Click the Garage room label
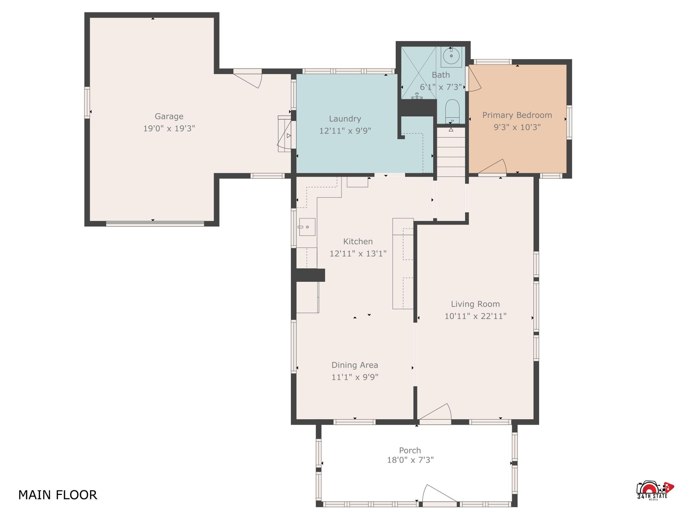coord(169,116)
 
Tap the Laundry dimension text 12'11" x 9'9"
coord(345,131)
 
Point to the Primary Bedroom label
coord(517,115)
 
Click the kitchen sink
coord(307,227)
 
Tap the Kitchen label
coord(358,241)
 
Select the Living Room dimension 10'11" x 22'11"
coord(475,316)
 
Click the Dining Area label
coord(355,365)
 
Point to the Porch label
coord(410,450)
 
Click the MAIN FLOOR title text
coord(58,495)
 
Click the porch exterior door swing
coord(439,494)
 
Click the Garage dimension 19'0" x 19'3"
coord(169,128)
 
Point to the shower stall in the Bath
coord(418,73)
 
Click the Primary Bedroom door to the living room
coord(492,167)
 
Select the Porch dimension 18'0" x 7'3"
coord(410,460)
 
